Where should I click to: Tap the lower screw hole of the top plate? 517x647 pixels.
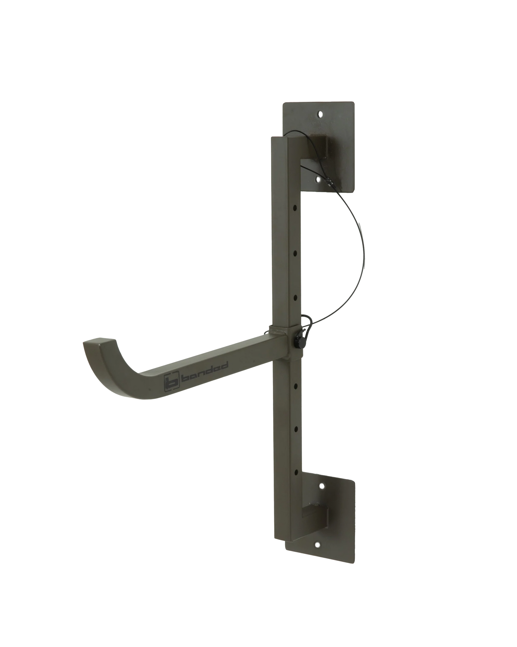click(x=319, y=180)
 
